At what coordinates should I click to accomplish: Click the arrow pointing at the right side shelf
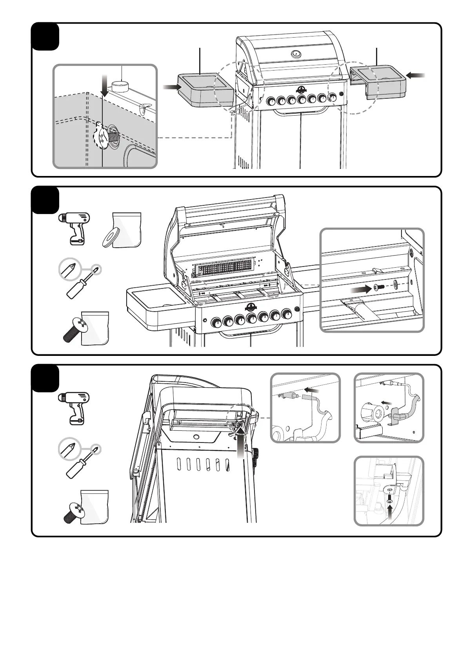(416, 77)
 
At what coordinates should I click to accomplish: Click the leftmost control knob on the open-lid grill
(216, 323)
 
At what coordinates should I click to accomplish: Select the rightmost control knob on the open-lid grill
(287, 314)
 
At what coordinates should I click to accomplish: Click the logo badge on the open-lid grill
(251, 307)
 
